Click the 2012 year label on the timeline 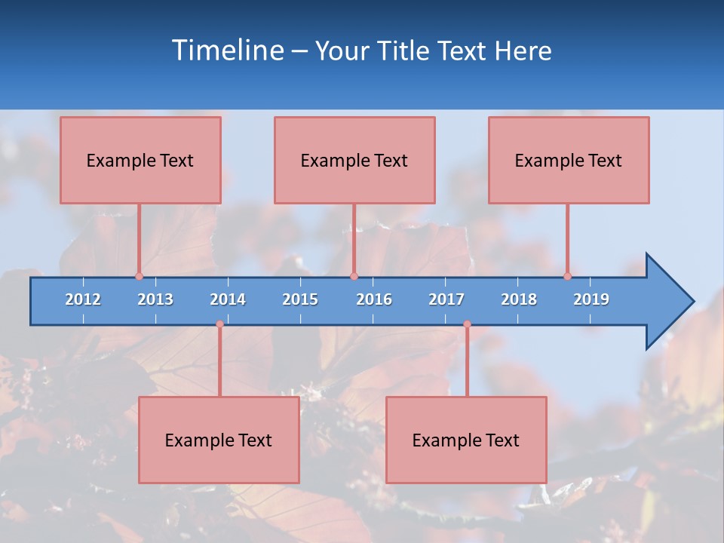click(83, 299)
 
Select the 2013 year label click(155, 299)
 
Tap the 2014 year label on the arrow click(228, 299)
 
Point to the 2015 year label click(300, 299)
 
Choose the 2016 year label click(374, 299)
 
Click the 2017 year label click(446, 299)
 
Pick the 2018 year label click(519, 299)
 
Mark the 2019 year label click(591, 299)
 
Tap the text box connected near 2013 click(140, 160)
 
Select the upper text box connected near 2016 click(354, 160)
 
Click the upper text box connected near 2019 click(569, 160)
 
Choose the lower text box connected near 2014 click(219, 440)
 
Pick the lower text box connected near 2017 click(466, 440)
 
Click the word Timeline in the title click(226, 51)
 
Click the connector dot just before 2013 click(139, 276)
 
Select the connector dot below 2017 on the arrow click(467, 324)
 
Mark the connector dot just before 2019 click(567, 276)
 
